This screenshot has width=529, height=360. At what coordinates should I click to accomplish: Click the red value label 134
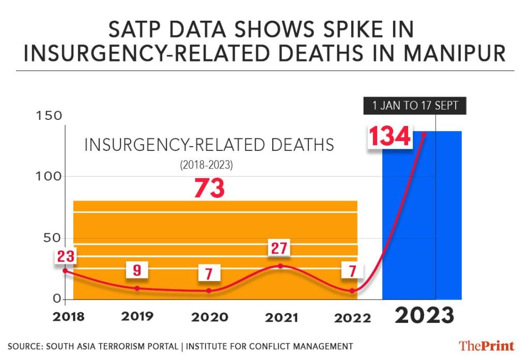coord(390,137)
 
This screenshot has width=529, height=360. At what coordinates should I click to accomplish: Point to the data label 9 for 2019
coord(137,270)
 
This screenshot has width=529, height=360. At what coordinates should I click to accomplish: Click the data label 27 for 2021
coord(280,248)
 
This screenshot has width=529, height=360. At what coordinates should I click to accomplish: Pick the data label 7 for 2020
coord(209,273)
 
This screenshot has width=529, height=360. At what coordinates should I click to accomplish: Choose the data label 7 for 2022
coord(352,270)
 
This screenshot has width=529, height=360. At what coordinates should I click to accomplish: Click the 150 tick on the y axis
coord(48,116)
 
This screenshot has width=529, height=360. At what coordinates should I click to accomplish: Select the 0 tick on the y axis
coord(58,299)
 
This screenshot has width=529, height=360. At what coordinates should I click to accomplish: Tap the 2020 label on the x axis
coord(209,317)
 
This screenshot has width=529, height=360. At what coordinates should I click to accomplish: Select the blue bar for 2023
coord(422,217)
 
